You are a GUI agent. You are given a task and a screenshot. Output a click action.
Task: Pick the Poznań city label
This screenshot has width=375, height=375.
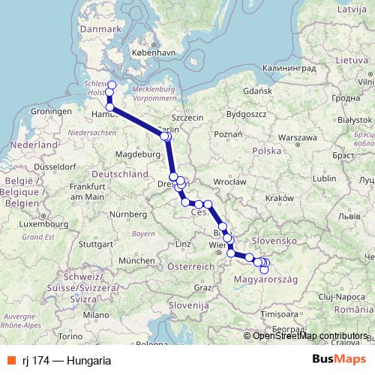click(226, 133)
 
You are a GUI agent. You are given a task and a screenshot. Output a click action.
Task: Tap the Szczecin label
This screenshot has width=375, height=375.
click(187, 118)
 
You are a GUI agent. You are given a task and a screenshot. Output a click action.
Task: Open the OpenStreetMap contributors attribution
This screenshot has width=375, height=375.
click(310, 335)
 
